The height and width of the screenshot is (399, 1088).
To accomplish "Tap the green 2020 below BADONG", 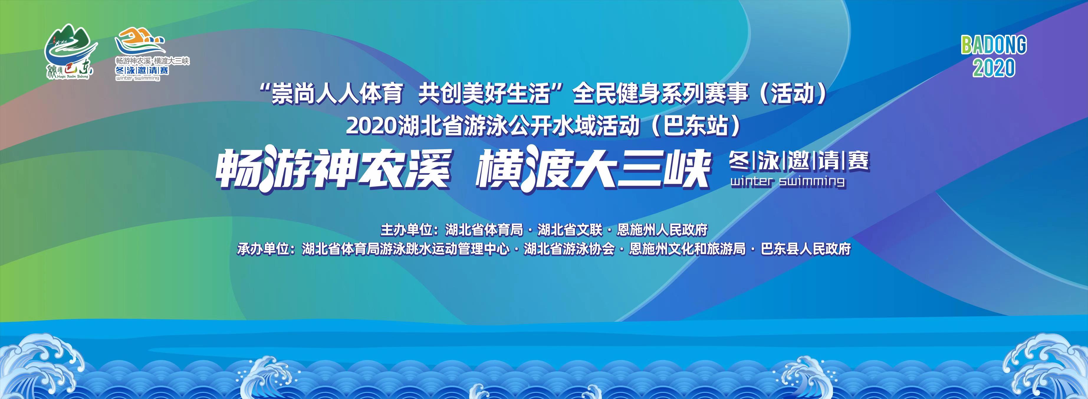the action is coord(994,68).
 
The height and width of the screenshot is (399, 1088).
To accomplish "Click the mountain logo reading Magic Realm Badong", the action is coord(70,53).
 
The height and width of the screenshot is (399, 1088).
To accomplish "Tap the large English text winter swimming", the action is coord(788,182).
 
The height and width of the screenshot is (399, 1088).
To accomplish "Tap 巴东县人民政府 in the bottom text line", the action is coord(806,249).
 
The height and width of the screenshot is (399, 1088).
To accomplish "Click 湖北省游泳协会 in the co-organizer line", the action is coord(569,249).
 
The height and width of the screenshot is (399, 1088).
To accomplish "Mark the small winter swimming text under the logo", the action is coord(137,78).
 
